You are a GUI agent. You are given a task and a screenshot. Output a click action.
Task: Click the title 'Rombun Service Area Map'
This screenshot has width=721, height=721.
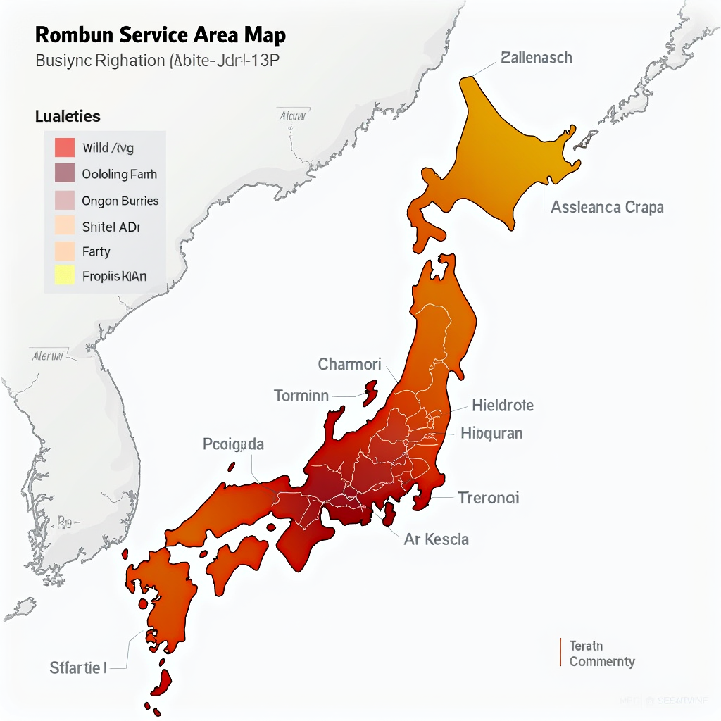click(161, 35)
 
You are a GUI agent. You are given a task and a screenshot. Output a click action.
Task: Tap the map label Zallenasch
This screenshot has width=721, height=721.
click(537, 58)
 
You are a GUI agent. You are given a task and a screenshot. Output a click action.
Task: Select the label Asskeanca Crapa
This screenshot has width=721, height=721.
click(607, 207)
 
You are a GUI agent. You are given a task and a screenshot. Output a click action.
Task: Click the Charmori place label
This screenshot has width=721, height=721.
click(349, 364)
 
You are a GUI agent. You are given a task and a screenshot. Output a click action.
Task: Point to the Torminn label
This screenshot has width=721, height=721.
click(301, 396)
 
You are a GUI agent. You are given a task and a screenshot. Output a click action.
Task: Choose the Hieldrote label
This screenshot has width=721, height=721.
click(503, 405)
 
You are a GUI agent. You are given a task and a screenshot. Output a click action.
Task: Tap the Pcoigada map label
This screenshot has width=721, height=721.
click(233, 444)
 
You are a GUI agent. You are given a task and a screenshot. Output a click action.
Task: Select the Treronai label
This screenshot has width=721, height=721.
click(489, 498)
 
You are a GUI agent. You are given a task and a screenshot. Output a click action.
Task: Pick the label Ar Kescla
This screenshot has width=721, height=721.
click(437, 539)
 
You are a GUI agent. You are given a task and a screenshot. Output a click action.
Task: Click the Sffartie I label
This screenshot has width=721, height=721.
click(77, 667)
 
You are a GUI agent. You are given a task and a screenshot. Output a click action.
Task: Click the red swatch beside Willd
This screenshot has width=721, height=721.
click(64, 147)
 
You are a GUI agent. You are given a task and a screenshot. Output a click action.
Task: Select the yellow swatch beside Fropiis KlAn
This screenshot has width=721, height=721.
click(64, 275)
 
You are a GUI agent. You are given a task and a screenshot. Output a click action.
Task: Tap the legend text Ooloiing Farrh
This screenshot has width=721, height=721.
click(119, 174)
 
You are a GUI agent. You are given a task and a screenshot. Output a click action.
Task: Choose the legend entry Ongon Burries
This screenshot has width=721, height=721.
click(120, 201)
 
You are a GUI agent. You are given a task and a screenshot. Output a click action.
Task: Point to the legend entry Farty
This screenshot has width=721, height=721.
click(96, 251)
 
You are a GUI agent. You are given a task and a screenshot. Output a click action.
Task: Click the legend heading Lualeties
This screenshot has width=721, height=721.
click(68, 116)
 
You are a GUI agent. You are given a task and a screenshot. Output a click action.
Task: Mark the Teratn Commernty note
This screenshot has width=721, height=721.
click(602, 654)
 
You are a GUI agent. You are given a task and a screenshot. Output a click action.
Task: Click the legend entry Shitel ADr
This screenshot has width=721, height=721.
click(111, 226)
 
